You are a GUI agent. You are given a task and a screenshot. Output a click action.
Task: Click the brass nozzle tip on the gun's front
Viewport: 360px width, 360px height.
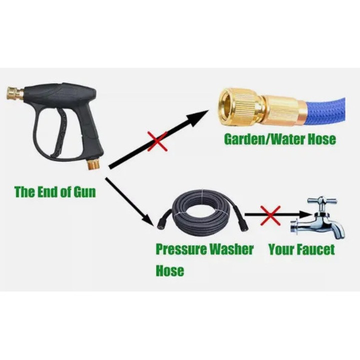14,93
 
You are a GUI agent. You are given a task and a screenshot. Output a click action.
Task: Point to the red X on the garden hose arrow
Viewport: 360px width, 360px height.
157,141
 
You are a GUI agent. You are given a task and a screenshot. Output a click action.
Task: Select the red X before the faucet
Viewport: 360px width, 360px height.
270,215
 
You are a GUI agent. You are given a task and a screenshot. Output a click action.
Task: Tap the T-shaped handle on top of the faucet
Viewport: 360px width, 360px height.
322,202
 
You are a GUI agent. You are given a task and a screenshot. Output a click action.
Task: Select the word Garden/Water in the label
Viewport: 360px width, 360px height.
264,139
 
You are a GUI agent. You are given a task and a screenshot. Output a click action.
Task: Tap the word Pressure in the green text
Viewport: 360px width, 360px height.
181,249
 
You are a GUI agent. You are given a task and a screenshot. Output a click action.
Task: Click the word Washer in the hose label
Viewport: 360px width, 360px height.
231,249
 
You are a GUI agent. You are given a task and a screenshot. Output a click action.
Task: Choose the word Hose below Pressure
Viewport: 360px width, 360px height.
170,270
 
